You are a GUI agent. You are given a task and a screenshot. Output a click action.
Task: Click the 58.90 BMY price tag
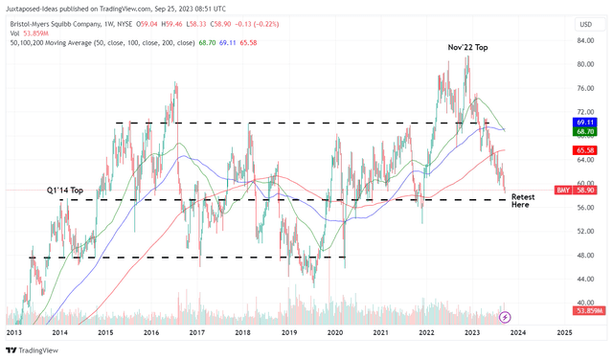586,191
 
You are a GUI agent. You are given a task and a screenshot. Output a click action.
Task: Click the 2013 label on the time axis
13,331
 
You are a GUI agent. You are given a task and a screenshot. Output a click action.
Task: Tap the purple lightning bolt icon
505,316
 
